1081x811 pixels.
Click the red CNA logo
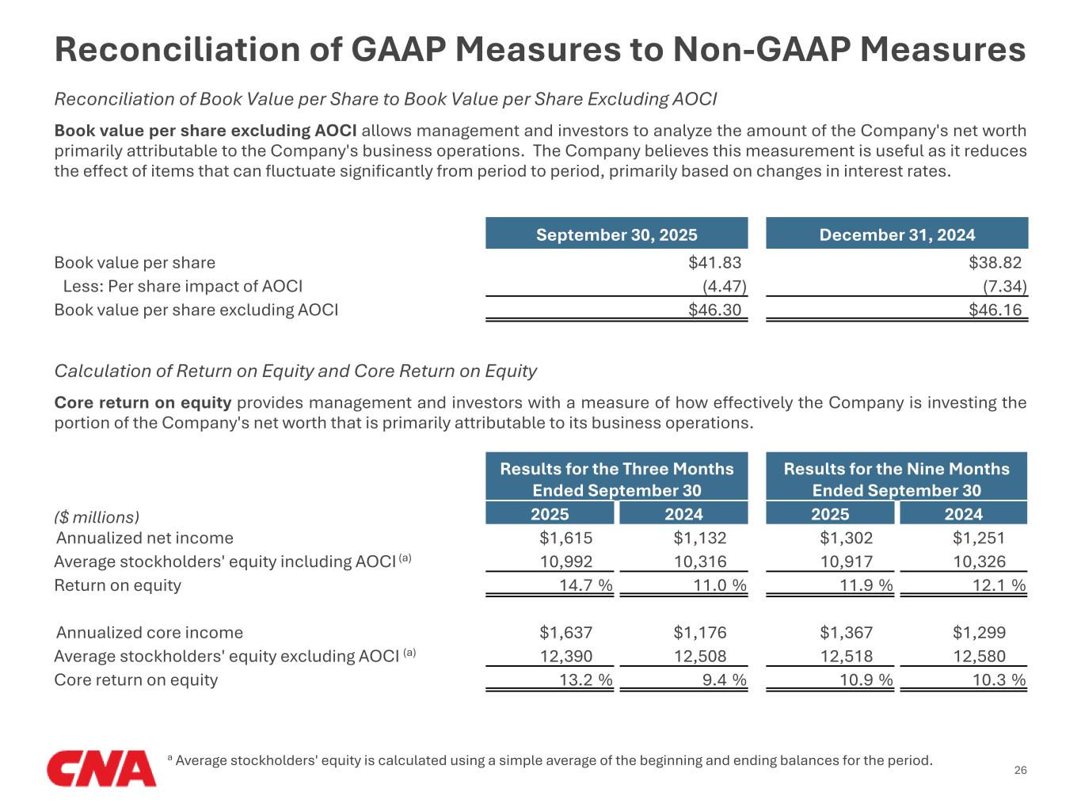coord(101,767)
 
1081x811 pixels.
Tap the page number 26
coord(1020,771)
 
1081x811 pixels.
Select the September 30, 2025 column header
coord(616,234)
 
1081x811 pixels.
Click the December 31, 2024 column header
coord(896,234)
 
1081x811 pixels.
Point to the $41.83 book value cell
coord(714,263)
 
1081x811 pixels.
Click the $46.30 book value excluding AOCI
coord(714,310)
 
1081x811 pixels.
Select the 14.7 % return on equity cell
coord(585,586)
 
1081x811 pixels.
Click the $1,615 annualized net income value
coord(565,539)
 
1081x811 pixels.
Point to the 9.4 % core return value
coord(724,680)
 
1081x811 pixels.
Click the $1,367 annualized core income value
coord(846,633)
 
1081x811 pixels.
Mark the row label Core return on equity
coord(135,680)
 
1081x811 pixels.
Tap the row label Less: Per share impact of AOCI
coord(182,287)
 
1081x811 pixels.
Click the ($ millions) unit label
coord(97,517)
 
